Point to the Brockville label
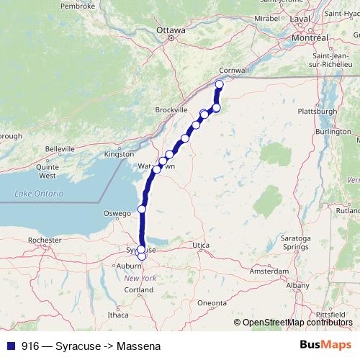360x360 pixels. [x=171, y=110]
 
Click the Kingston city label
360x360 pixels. [x=119, y=154]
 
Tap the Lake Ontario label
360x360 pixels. [x=39, y=194]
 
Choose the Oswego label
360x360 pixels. [x=117, y=213]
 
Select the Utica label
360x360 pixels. [x=200, y=246]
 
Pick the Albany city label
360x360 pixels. [x=297, y=286]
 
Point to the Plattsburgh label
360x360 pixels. [x=318, y=112]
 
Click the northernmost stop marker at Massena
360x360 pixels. [x=220, y=85]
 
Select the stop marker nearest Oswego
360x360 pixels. [x=142, y=209]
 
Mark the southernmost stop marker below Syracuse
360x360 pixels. [x=141, y=256]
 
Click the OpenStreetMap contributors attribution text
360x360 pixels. [x=298, y=323]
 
